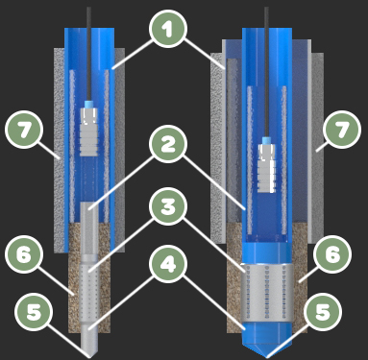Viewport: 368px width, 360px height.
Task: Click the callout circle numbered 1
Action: (167, 30)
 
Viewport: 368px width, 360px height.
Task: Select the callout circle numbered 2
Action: (167, 145)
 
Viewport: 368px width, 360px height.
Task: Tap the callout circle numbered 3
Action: (167, 207)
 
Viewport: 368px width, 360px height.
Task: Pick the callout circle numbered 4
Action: (167, 264)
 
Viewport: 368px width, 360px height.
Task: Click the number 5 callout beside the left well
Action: (34, 312)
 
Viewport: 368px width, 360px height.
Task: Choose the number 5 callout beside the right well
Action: (323, 312)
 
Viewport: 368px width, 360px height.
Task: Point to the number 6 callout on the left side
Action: (24, 254)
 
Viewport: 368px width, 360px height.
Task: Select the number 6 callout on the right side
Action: (332, 254)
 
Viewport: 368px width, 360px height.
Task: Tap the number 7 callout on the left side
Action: (24, 130)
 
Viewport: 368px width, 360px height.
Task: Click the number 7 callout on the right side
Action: (342, 130)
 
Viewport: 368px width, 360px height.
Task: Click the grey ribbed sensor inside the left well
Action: (88, 132)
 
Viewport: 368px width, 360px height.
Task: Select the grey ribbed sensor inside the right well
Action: (266, 168)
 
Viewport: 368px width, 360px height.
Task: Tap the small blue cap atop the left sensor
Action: (88, 105)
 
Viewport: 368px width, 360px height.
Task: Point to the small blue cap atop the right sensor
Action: (266, 141)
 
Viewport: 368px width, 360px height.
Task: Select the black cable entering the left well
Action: (88, 54)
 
